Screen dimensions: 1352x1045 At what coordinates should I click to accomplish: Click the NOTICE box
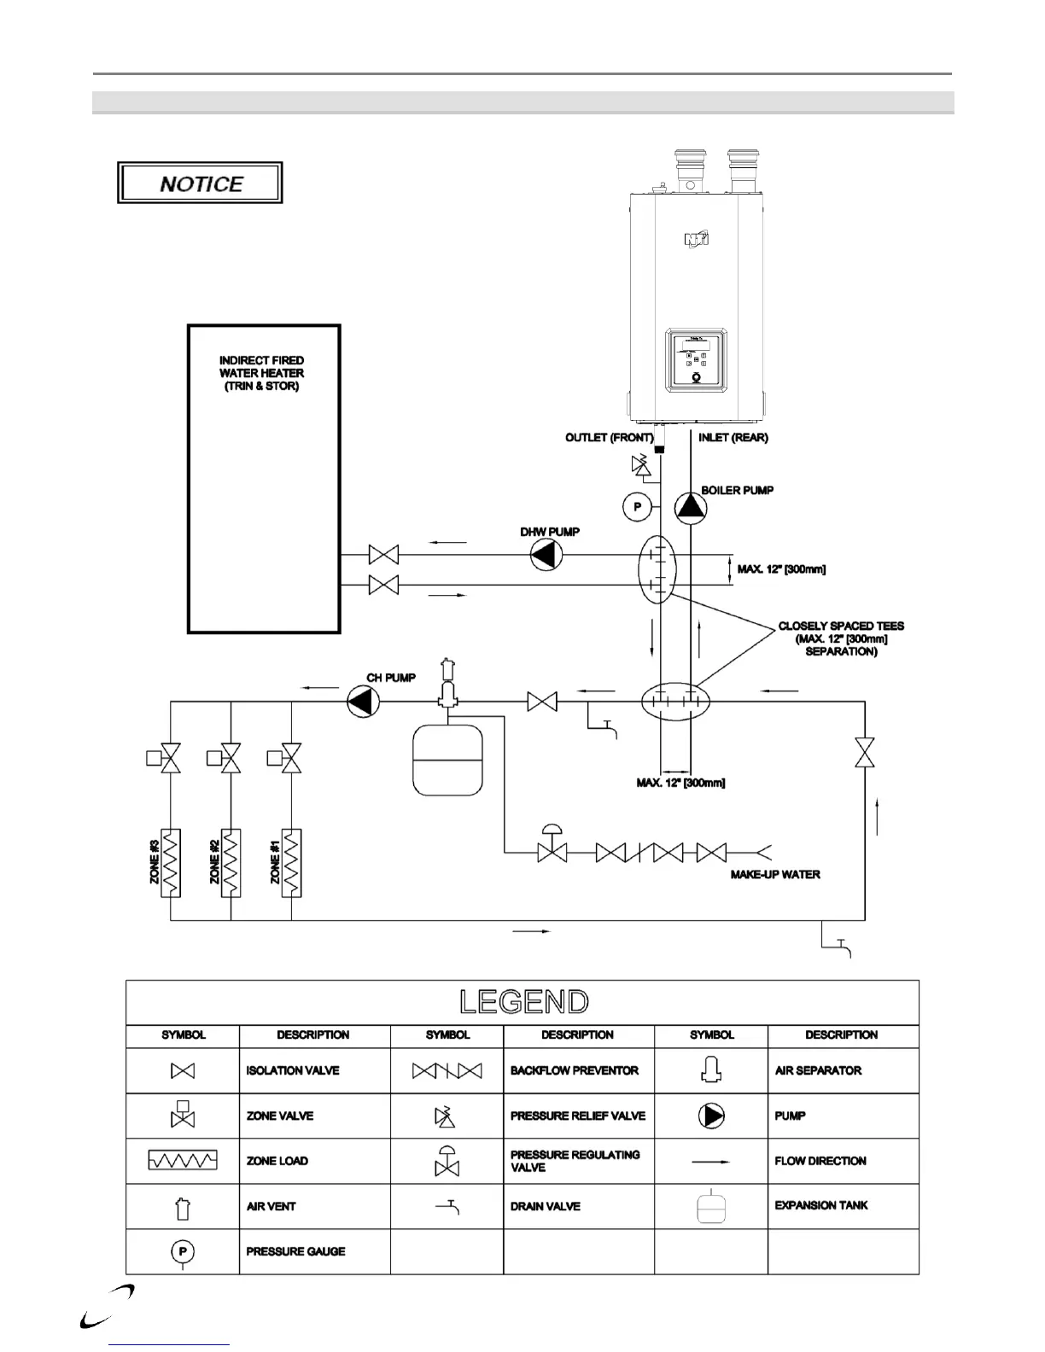click(200, 184)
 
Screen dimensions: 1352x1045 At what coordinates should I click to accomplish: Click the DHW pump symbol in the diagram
click(546, 556)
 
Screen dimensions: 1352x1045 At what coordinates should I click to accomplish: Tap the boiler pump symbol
click(691, 508)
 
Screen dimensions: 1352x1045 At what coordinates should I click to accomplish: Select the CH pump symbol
click(363, 702)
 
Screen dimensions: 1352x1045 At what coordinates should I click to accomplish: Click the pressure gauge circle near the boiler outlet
click(636, 508)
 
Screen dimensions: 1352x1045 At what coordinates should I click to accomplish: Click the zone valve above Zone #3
click(171, 757)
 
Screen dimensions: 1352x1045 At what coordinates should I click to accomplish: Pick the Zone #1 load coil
click(292, 862)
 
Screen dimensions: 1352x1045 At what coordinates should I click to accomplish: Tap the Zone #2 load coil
click(231, 862)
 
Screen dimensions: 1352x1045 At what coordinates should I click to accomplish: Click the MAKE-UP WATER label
click(775, 875)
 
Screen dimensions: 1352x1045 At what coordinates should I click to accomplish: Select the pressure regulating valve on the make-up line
click(552, 846)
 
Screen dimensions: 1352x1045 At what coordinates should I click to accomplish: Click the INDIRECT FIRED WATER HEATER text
click(261, 373)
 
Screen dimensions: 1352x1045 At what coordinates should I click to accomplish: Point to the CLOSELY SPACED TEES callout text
click(841, 638)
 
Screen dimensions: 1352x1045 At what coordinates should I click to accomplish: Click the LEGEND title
click(523, 1002)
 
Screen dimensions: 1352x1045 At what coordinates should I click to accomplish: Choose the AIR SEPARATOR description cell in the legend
click(818, 1070)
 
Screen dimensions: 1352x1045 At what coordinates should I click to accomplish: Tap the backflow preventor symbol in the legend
click(447, 1070)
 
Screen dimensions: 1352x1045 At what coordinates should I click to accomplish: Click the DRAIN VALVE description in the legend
click(546, 1206)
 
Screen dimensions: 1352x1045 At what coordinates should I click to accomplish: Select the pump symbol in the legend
click(711, 1116)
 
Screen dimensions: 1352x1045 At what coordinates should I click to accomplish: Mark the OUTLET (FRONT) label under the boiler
click(609, 438)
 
